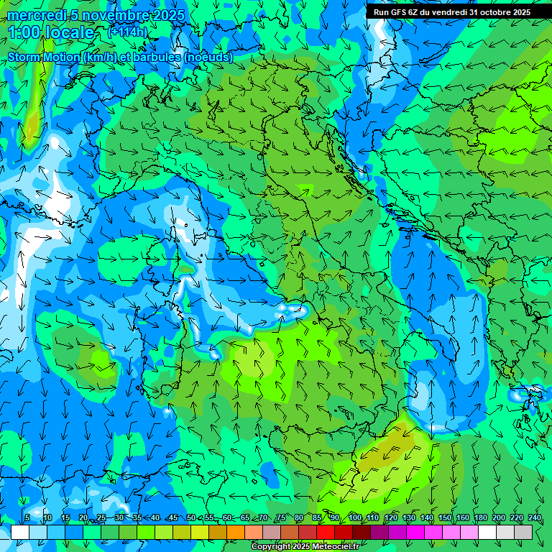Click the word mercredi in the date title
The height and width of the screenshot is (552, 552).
[x=36, y=15]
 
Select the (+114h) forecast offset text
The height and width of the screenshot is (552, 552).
[x=127, y=32]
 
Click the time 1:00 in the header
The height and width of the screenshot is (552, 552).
[x=24, y=32]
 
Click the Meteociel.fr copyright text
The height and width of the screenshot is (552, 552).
[x=305, y=547]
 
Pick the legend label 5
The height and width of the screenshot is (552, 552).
[x=27, y=517]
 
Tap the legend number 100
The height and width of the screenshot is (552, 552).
[x=355, y=517]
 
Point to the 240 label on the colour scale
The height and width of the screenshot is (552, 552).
[x=535, y=517]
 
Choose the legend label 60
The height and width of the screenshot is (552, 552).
[x=227, y=517]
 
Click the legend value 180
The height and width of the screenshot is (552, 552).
[x=481, y=517]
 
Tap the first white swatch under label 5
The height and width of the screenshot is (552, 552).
[x=20, y=532]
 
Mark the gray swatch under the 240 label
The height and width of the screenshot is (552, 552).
[x=523, y=532]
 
